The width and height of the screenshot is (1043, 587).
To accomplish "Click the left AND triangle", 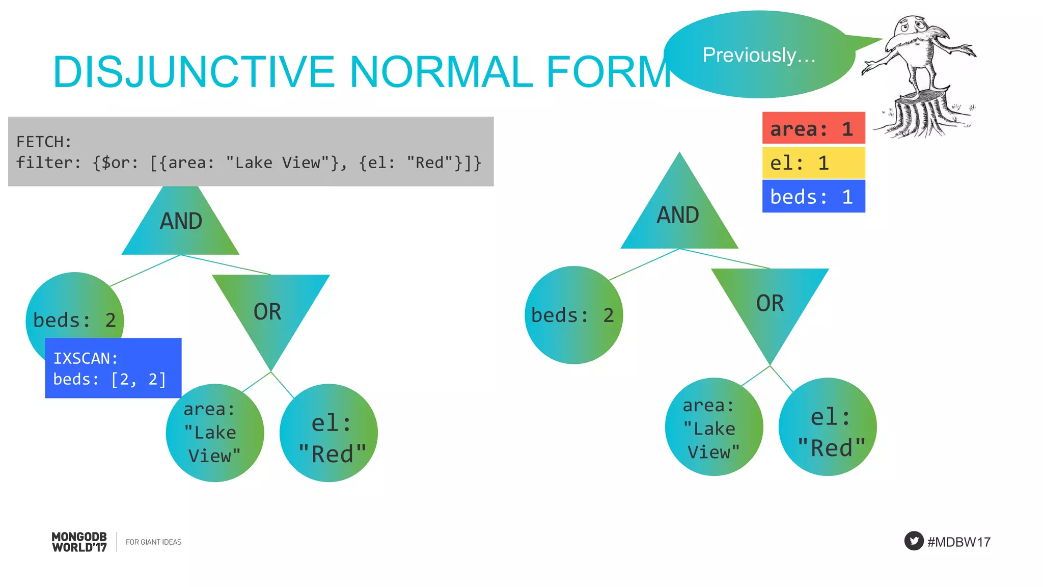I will (181, 224).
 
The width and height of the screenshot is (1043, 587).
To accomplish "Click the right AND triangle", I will (678, 217).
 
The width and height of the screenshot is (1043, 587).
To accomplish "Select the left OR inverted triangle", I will (269, 311).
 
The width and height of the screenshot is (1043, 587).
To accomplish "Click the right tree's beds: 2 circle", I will (573, 315).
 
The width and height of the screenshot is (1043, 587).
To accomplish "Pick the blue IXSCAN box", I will (113, 368).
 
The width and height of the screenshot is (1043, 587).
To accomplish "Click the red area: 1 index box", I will (813, 128).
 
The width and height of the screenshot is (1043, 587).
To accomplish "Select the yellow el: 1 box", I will (813, 163).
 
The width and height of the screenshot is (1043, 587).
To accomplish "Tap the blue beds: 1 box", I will (813, 197).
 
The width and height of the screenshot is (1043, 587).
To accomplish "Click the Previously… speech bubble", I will (759, 55).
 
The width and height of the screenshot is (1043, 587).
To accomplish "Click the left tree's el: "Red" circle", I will (329, 433).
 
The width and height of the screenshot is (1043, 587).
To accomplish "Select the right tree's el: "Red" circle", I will (828, 427).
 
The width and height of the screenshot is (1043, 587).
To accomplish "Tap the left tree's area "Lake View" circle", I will (214, 433).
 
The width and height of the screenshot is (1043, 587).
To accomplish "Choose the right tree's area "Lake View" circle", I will (713, 427).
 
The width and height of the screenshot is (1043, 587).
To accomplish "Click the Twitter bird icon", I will (914, 541).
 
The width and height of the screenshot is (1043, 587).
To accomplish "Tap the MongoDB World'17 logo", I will (79, 542).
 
